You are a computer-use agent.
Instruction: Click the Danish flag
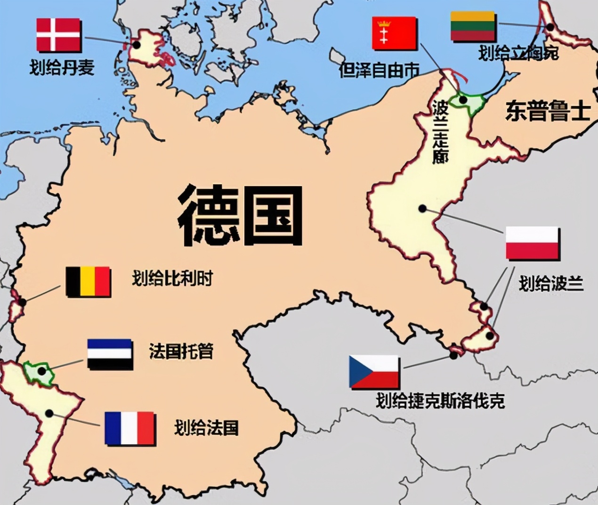point(58,35)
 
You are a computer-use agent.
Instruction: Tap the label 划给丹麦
point(62,67)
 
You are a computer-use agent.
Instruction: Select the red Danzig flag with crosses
point(394,33)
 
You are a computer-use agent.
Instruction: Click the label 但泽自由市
point(379,70)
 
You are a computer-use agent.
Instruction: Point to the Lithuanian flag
point(472,26)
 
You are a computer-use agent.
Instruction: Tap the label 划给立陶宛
point(518,53)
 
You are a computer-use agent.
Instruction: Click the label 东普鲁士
point(548,112)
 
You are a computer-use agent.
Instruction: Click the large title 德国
point(240,215)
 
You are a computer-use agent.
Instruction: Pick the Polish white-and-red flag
point(533,243)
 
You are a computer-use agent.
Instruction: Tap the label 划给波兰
point(551,284)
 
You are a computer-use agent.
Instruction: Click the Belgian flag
point(88,282)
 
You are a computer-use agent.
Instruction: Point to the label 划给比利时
point(172,278)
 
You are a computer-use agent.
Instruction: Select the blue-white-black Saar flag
point(110,354)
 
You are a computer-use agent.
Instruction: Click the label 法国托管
point(181,351)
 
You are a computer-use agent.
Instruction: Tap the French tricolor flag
point(130,428)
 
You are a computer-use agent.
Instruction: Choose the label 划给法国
point(206,428)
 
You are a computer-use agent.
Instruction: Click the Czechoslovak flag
point(374,372)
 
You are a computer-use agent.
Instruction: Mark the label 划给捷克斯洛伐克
point(440,401)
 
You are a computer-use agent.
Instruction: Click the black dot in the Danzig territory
point(463,100)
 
